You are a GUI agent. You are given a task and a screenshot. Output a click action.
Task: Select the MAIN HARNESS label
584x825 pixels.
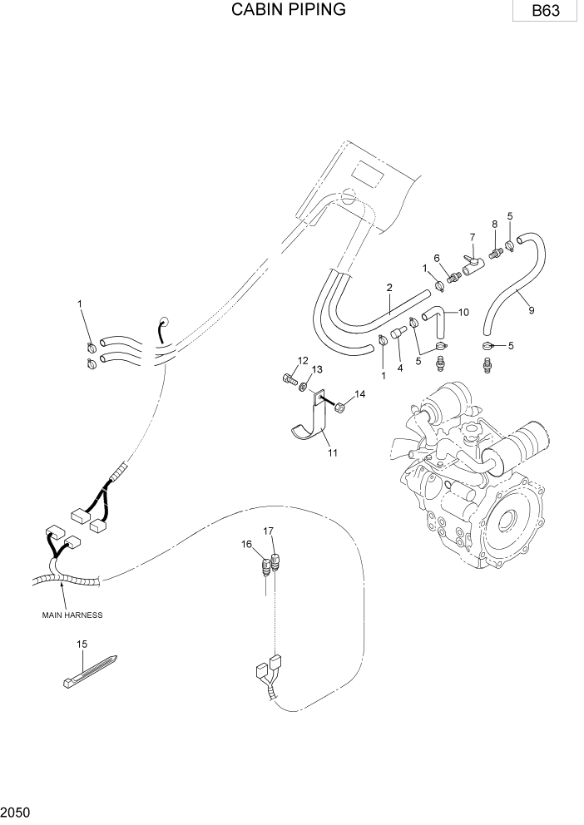pos(72,615)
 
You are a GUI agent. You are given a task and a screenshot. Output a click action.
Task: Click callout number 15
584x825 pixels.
pos(82,644)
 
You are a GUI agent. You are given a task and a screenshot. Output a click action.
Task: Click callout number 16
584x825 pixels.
pos(246,544)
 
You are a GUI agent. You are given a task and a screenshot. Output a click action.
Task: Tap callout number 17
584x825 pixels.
pos(269,531)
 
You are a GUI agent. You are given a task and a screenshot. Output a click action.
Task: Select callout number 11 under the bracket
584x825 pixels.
pos(333,452)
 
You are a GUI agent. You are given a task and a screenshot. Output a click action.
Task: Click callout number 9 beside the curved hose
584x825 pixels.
pos(532,310)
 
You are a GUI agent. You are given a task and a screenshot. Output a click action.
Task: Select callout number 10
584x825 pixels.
pos(463,312)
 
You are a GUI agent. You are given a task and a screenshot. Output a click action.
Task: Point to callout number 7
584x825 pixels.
pos(473,237)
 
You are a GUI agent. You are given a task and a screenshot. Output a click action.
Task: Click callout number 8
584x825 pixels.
pos(494,224)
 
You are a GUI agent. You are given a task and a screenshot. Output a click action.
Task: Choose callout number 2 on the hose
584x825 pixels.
pos(389,288)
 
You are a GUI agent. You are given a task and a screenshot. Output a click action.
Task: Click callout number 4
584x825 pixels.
pos(399,367)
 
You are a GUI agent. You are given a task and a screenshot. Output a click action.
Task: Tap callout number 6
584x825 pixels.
pos(436,258)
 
